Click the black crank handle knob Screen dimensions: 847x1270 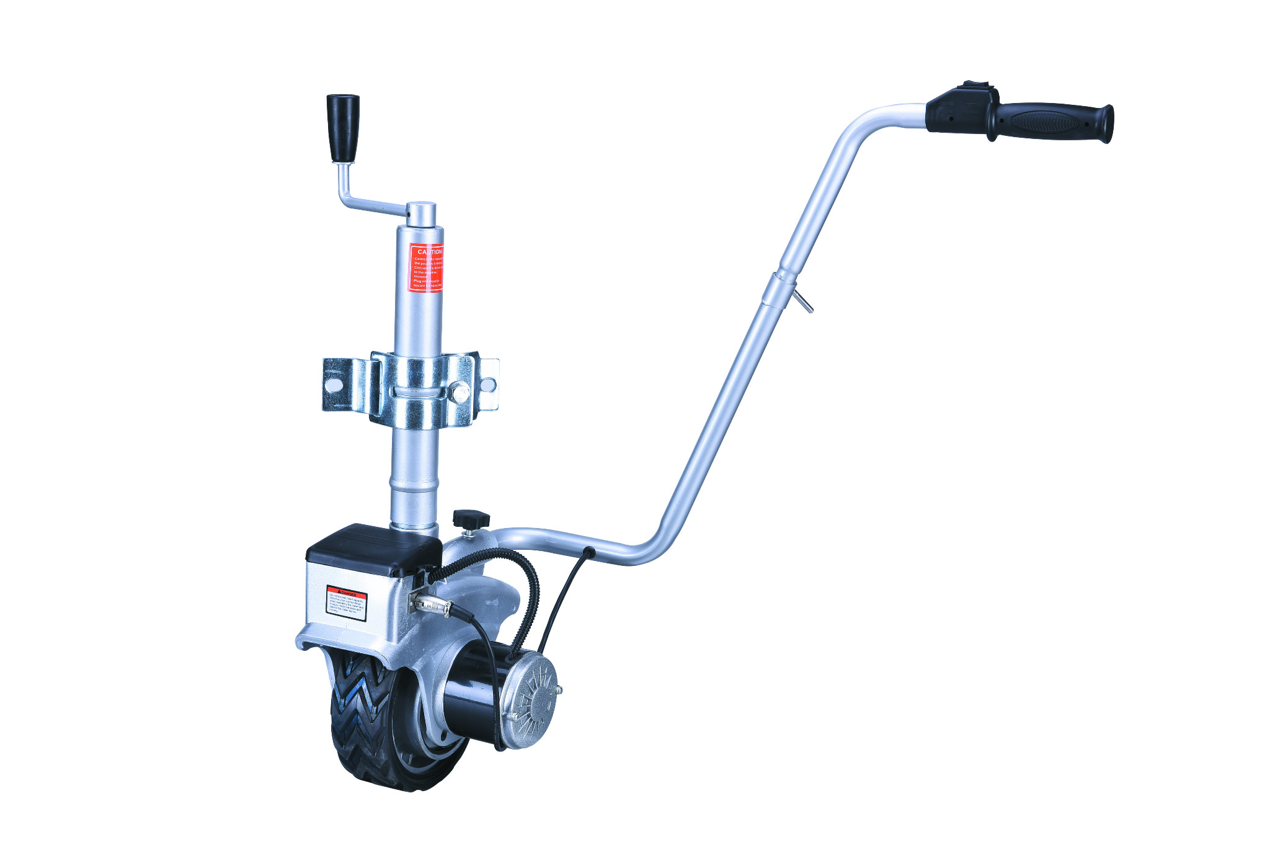[x=343, y=127]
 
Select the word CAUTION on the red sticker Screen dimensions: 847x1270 [x=430, y=252]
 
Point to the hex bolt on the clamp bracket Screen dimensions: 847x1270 [x=460, y=392]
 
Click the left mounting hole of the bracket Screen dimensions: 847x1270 [x=334, y=385]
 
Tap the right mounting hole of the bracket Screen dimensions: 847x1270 [x=489, y=385]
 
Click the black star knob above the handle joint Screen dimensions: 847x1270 [x=471, y=518]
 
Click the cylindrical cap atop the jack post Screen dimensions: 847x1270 [x=420, y=213]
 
